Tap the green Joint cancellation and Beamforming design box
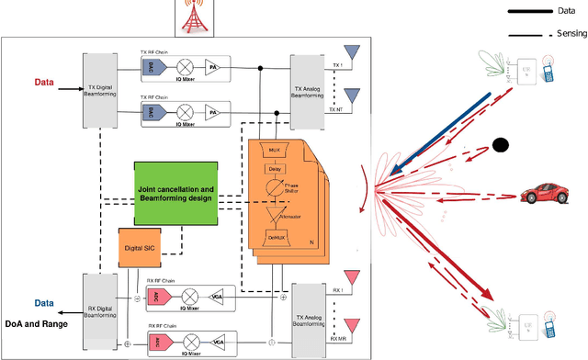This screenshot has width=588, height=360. pyautogui.click(x=176, y=195)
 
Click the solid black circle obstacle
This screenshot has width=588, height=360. pyautogui.click(x=501, y=144)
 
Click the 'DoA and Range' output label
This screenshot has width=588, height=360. pyautogui.click(x=38, y=324)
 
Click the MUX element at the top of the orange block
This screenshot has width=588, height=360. pyautogui.click(x=275, y=150)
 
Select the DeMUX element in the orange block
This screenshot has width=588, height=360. pyautogui.click(x=275, y=238)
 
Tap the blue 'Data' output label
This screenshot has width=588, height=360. pyautogui.click(x=44, y=302)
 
